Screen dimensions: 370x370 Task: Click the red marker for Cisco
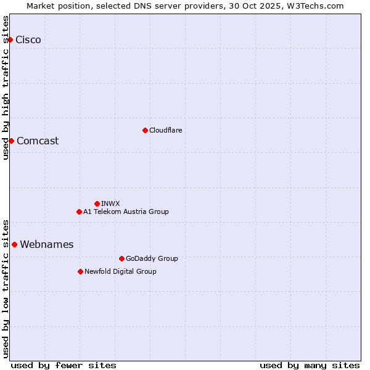[x=10, y=40]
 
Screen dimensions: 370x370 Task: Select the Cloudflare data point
[x=145, y=130]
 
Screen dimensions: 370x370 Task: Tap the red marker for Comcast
[x=11, y=141]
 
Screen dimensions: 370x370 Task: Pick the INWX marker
[x=97, y=203]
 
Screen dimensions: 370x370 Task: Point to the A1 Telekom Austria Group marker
[x=79, y=212]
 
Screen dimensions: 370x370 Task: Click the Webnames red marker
[x=14, y=244]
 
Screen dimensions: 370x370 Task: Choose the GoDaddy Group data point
[x=121, y=258]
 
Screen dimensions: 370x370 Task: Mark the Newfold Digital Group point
[x=80, y=271]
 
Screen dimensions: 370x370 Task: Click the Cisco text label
[x=28, y=40]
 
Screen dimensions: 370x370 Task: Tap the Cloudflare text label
[x=165, y=130]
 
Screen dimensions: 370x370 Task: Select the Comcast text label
[x=38, y=141]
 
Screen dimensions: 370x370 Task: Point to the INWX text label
[x=110, y=203]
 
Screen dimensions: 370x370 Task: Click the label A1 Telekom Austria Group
[x=126, y=212]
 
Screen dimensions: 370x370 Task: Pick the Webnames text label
[x=47, y=244]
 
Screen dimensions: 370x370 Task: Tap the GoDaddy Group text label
[x=152, y=258]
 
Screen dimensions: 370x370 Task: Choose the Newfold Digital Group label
[x=120, y=271]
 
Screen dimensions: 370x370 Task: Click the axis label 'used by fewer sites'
[x=64, y=365]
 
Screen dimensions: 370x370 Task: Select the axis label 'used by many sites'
[x=310, y=365]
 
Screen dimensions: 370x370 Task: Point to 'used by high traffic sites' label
[x=6, y=88]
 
